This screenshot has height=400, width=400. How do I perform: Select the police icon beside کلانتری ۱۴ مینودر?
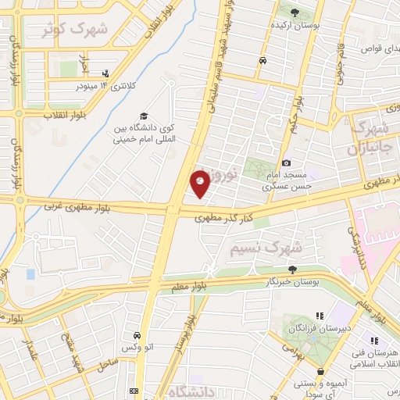pos(106,74)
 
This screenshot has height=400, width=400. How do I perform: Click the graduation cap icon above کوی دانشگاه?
pos(143,116)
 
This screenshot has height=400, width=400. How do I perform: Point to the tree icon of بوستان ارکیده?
pos(295,12)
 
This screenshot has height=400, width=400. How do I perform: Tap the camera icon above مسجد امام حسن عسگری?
pos(287,162)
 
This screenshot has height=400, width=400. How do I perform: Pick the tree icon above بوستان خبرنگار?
pos(292,268)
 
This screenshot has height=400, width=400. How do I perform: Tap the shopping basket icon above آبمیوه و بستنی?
pos(321,371)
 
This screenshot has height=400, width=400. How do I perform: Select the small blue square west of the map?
pos(30,274)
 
